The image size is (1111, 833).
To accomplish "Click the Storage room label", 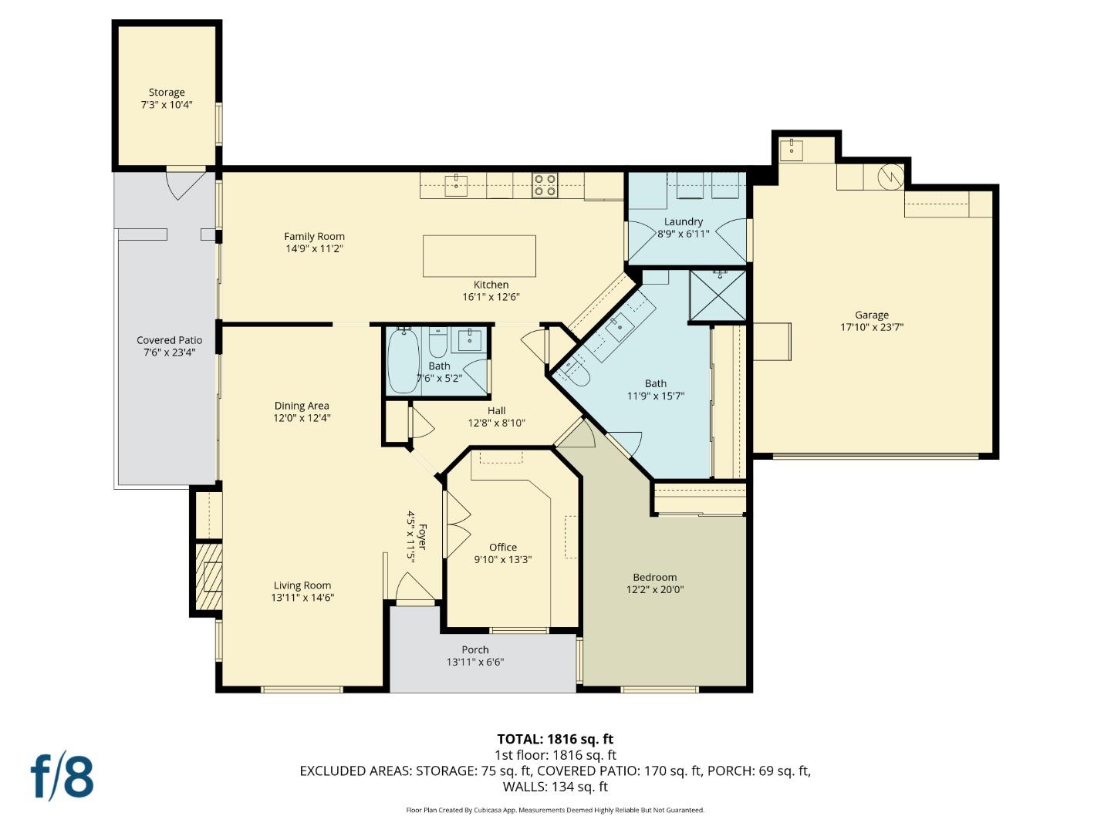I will pyautogui.click(x=167, y=93).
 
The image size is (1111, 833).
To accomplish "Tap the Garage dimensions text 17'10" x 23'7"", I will pyautogui.click(x=872, y=327).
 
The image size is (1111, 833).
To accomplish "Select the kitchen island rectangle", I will pyautogui.click(x=479, y=256).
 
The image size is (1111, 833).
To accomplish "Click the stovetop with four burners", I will pyautogui.click(x=545, y=185).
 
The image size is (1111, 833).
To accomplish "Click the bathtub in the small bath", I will pyautogui.click(x=403, y=360).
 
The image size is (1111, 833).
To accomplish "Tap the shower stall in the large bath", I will pyautogui.click(x=718, y=295).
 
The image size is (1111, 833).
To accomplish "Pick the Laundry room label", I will pyautogui.click(x=684, y=222).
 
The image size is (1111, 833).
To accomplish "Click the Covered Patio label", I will pyautogui.click(x=169, y=340).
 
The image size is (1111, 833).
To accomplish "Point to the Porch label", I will pyautogui.click(x=475, y=649).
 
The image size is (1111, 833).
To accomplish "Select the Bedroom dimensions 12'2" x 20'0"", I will pyautogui.click(x=655, y=590).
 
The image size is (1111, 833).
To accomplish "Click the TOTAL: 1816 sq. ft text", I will pyautogui.click(x=555, y=739).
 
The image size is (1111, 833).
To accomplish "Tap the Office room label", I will pyautogui.click(x=503, y=548).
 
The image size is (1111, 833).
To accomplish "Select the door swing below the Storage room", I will pyautogui.click(x=184, y=184).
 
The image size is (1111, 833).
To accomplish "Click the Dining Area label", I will pyautogui.click(x=302, y=406).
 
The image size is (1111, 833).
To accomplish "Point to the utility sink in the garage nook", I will pyautogui.click(x=791, y=150).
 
